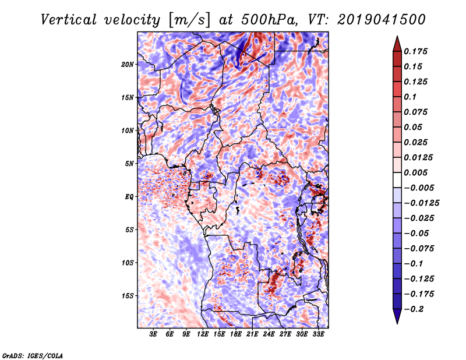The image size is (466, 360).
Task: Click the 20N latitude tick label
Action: pyautogui.click(x=128, y=65)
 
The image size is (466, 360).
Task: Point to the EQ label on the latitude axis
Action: pyautogui.click(x=129, y=197)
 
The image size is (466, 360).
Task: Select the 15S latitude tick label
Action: pyautogui.click(x=128, y=296)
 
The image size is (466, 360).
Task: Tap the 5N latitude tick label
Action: pyautogui.click(x=129, y=164)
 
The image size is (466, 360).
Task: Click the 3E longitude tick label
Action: pyautogui.click(x=153, y=334)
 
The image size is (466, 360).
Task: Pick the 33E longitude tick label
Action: pyautogui.click(x=318, y=334)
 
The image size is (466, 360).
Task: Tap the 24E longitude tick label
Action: pyautogui.click(x=269, y=334)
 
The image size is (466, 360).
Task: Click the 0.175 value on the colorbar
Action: pyautogui.click(x=415, y=51)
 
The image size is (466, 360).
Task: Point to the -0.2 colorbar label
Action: pyautogui.click(x=413, y=309)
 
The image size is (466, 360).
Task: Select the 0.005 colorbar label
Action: pyautogui.click(x=415, y=172)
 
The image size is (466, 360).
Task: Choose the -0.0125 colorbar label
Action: pyautogui.click(x=421, y=203)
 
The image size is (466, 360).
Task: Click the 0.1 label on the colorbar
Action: pyautogui.click(x=410, y=97)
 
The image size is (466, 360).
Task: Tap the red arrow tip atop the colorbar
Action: pyautogui.click(x=397, y=37)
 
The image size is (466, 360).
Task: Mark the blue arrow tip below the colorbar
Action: pyautogui.click(x=397, y=323)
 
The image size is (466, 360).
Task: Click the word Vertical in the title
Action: pyautogui.click(x=69, y=20)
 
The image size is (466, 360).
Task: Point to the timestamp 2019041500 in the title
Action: pyautogui.click(x=382, y=20)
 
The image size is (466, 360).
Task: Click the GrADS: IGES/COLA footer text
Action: pyautogui.click(x=33, y=355)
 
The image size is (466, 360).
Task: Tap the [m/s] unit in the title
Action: pyautogui.click(x=189, y=20)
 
